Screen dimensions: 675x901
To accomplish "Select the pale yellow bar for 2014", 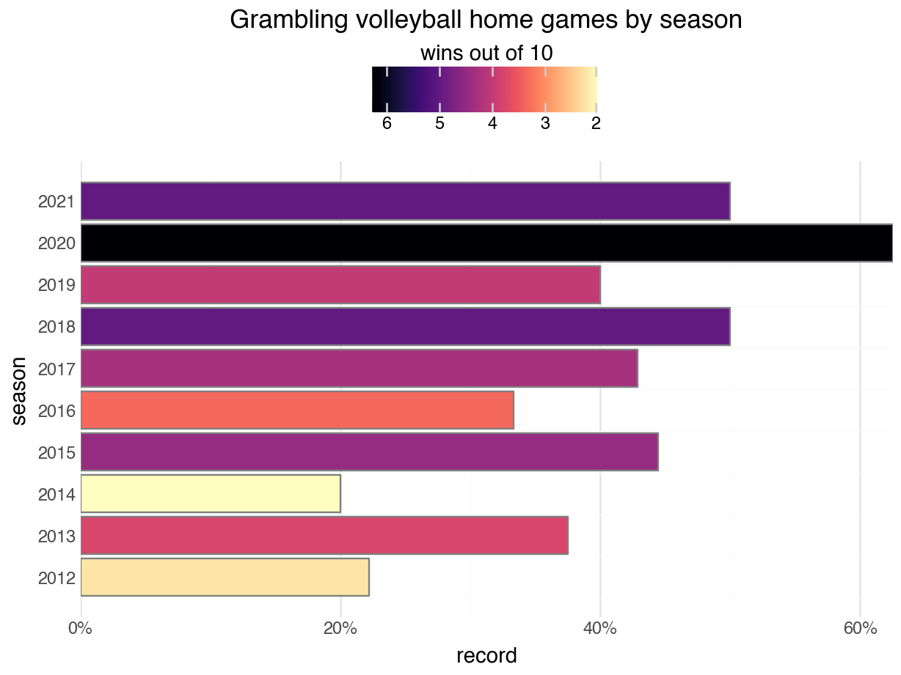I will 211,494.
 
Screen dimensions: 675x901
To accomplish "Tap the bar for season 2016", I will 297,410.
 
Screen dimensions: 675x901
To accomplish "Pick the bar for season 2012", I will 225,578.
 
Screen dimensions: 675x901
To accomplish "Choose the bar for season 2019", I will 340,284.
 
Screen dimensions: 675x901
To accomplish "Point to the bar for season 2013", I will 324,536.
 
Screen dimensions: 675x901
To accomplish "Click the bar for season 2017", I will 359,369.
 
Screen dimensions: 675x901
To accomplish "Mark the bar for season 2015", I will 369,452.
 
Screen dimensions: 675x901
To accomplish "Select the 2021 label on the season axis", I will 56,202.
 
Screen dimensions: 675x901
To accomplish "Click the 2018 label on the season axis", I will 56,327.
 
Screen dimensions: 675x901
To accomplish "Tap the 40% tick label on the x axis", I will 599,629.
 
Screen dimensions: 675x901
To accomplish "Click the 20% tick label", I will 340,629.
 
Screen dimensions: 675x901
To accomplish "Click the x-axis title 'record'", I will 486,655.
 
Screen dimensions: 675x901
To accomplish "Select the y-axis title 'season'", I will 20,390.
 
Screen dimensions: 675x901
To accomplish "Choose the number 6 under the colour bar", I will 387,124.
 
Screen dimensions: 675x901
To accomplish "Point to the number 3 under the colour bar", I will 544,124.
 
